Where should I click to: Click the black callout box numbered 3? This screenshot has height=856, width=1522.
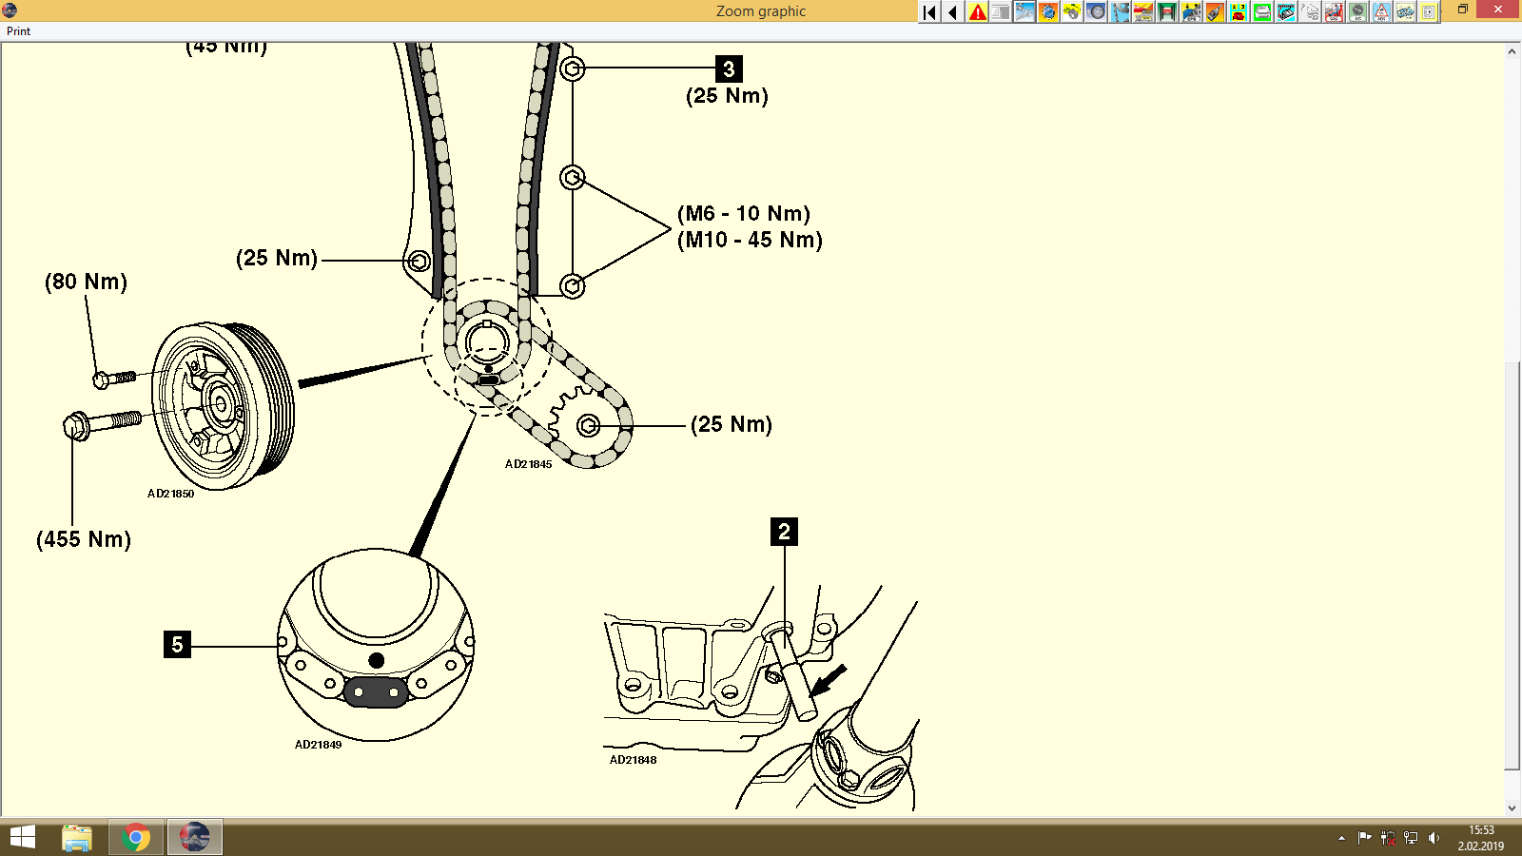click(729, 68)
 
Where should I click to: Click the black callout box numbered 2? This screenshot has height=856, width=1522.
click(784, 532)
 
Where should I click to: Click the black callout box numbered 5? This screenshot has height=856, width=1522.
click(177, 644)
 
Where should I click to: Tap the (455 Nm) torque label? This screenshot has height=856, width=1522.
click(84, 539)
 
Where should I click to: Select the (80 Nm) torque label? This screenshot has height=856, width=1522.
click(86, 282)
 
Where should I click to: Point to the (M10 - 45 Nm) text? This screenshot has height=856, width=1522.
click(750, 240)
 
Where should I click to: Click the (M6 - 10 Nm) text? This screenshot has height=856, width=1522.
click(744, 213)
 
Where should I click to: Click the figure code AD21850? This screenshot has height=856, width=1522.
click(170, 494)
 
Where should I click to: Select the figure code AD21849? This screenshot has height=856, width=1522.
click(318, 745)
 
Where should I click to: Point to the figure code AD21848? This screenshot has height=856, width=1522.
click(633, 760)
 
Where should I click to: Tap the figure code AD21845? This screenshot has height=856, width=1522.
click(528, 464)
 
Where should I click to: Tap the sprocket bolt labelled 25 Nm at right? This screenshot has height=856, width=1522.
click(588, 425)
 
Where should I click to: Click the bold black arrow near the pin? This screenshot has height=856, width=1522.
click(829, 679)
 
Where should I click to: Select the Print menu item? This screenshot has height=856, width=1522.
click(18, 31)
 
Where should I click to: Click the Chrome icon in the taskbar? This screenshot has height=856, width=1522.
click(136, 837)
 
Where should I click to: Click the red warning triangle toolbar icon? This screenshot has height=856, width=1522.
click(977, 11)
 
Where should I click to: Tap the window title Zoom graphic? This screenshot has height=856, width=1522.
click(760, 11)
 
